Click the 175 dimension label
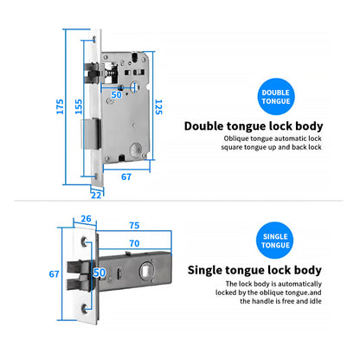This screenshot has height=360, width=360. (60, 106)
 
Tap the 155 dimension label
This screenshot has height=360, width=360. (79, 106)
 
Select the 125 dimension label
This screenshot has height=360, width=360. (158, 107)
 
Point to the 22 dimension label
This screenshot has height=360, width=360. (96, 196)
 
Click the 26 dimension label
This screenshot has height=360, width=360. (86, 219)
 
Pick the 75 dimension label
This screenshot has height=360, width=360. (134, 225)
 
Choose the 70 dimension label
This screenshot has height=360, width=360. (134, 243)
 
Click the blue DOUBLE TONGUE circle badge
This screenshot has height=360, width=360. (276, 97)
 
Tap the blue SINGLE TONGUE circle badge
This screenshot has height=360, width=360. (275, 241)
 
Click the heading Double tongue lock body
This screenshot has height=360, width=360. (254, 126)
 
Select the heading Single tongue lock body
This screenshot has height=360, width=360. (254, 270)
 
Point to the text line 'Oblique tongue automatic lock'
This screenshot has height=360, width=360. (273, 138)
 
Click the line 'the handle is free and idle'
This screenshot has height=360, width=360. (280, 301)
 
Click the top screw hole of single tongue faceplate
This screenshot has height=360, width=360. (84, 241)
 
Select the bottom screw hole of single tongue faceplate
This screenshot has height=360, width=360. (84, 308)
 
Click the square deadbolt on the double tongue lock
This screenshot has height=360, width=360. (91, 134)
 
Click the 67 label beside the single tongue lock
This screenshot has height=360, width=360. (54, 273)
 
